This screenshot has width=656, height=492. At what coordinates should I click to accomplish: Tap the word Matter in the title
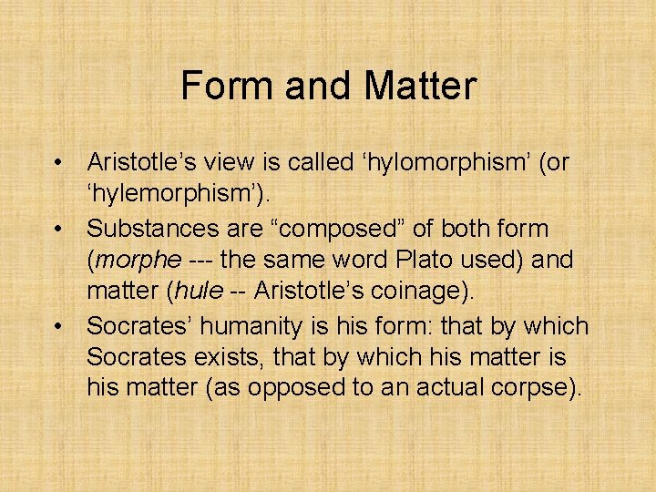point(420,87)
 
